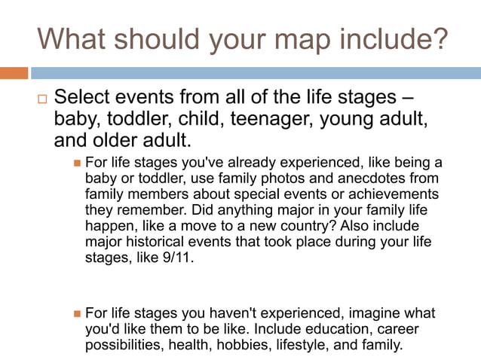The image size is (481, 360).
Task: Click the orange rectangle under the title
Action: coord(14,73)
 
